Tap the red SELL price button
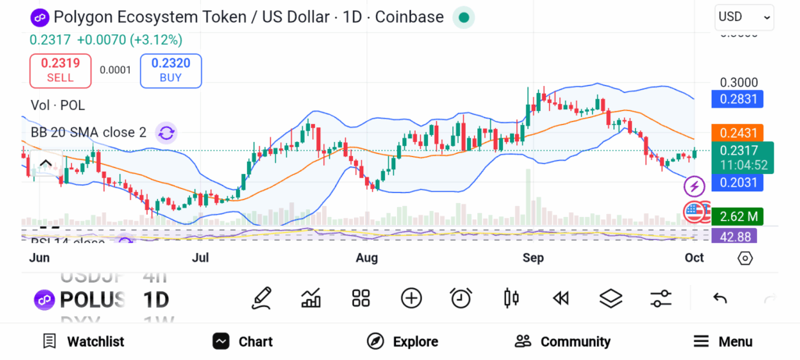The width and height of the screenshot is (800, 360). tap(60, 70)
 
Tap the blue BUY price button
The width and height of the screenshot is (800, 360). tap(170, 70)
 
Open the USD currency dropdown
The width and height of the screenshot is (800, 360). tap(744, 16)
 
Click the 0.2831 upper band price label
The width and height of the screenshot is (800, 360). tap(736, 99)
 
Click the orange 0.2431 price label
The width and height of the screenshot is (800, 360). tap(736, 134)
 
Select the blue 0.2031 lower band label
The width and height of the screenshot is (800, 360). tap(736, 182)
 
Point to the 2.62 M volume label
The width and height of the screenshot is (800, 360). tap(736, 216)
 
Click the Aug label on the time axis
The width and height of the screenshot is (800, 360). tap(366, 258)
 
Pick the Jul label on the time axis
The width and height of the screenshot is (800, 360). tap(201, 258)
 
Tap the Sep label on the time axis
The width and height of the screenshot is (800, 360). tap(534, 258)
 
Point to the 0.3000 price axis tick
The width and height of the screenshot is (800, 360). tap(738, 83)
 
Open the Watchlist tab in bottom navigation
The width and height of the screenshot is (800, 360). tap(83, 341)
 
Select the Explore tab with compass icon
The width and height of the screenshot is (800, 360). tap(402, 341)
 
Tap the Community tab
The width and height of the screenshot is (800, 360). tap(562, 341)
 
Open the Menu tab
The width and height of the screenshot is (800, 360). tap(723, 341)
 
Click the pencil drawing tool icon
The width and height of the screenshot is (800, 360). tap(262, 298)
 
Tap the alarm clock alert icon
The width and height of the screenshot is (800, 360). tap(461, 298)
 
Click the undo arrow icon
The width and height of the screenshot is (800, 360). tap(720, 298)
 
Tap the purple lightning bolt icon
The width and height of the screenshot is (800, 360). tap(695, 187)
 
